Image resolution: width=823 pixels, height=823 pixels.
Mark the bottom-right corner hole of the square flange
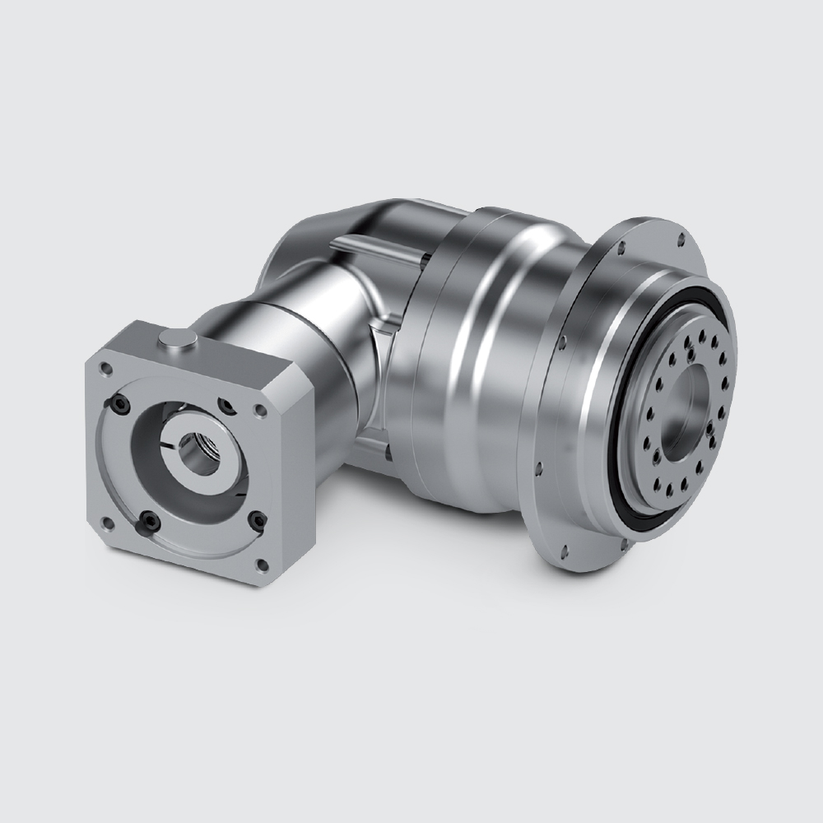[263, 564]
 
